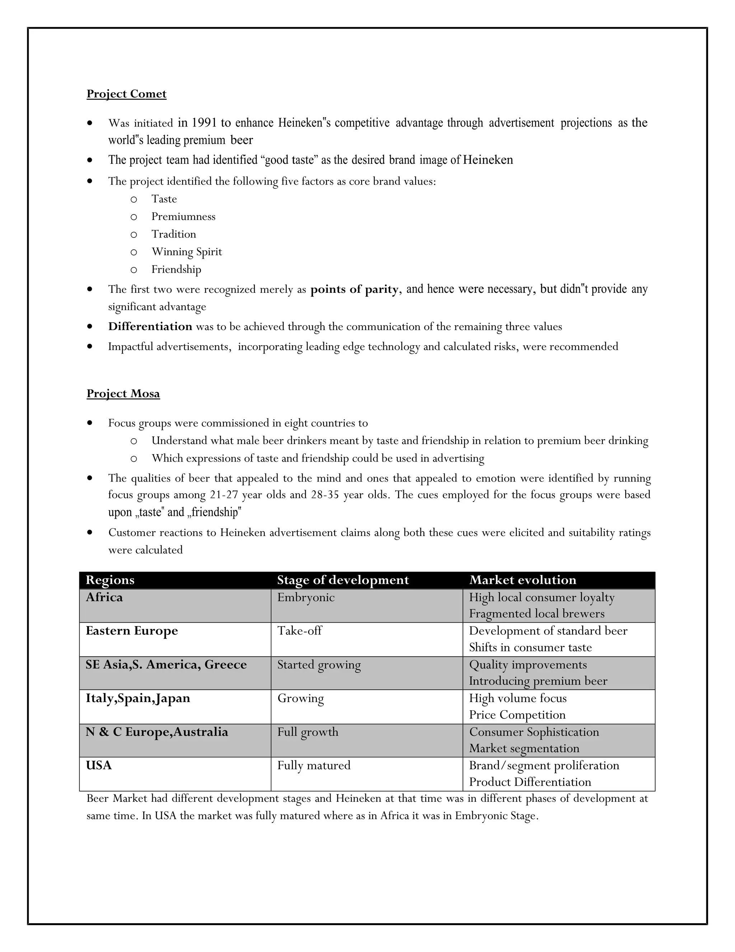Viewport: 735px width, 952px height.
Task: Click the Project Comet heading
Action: click(x=126, y=94)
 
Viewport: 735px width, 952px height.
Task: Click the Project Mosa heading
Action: click(x=123, y=394)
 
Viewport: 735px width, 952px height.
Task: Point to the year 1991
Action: click(x=204, y=123)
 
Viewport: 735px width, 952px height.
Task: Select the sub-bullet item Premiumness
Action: click(x=183, y=217)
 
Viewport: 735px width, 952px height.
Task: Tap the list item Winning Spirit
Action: click(x=186, y=252)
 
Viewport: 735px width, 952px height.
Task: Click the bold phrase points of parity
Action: click(x=354, y=290)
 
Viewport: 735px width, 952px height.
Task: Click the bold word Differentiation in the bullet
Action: click(x=150, y=327)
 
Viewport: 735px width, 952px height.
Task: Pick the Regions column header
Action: click(x=110, y=580)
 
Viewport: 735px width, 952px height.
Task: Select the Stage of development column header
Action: click(x=343, y=580)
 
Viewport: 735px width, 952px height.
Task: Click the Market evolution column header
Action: click(x=523, y=580)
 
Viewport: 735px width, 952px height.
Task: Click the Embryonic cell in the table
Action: click(x=306, y=598)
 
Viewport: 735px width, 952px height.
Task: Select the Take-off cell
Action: click(x=300, y=631)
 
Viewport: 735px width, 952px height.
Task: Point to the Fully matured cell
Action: click(x=314, y=766)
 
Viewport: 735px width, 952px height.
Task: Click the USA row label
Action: click(x=99, y=766)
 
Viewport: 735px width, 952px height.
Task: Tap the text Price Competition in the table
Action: click(x=517, y=715)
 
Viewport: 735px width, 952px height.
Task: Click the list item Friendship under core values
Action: click(x=176, y=269)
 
